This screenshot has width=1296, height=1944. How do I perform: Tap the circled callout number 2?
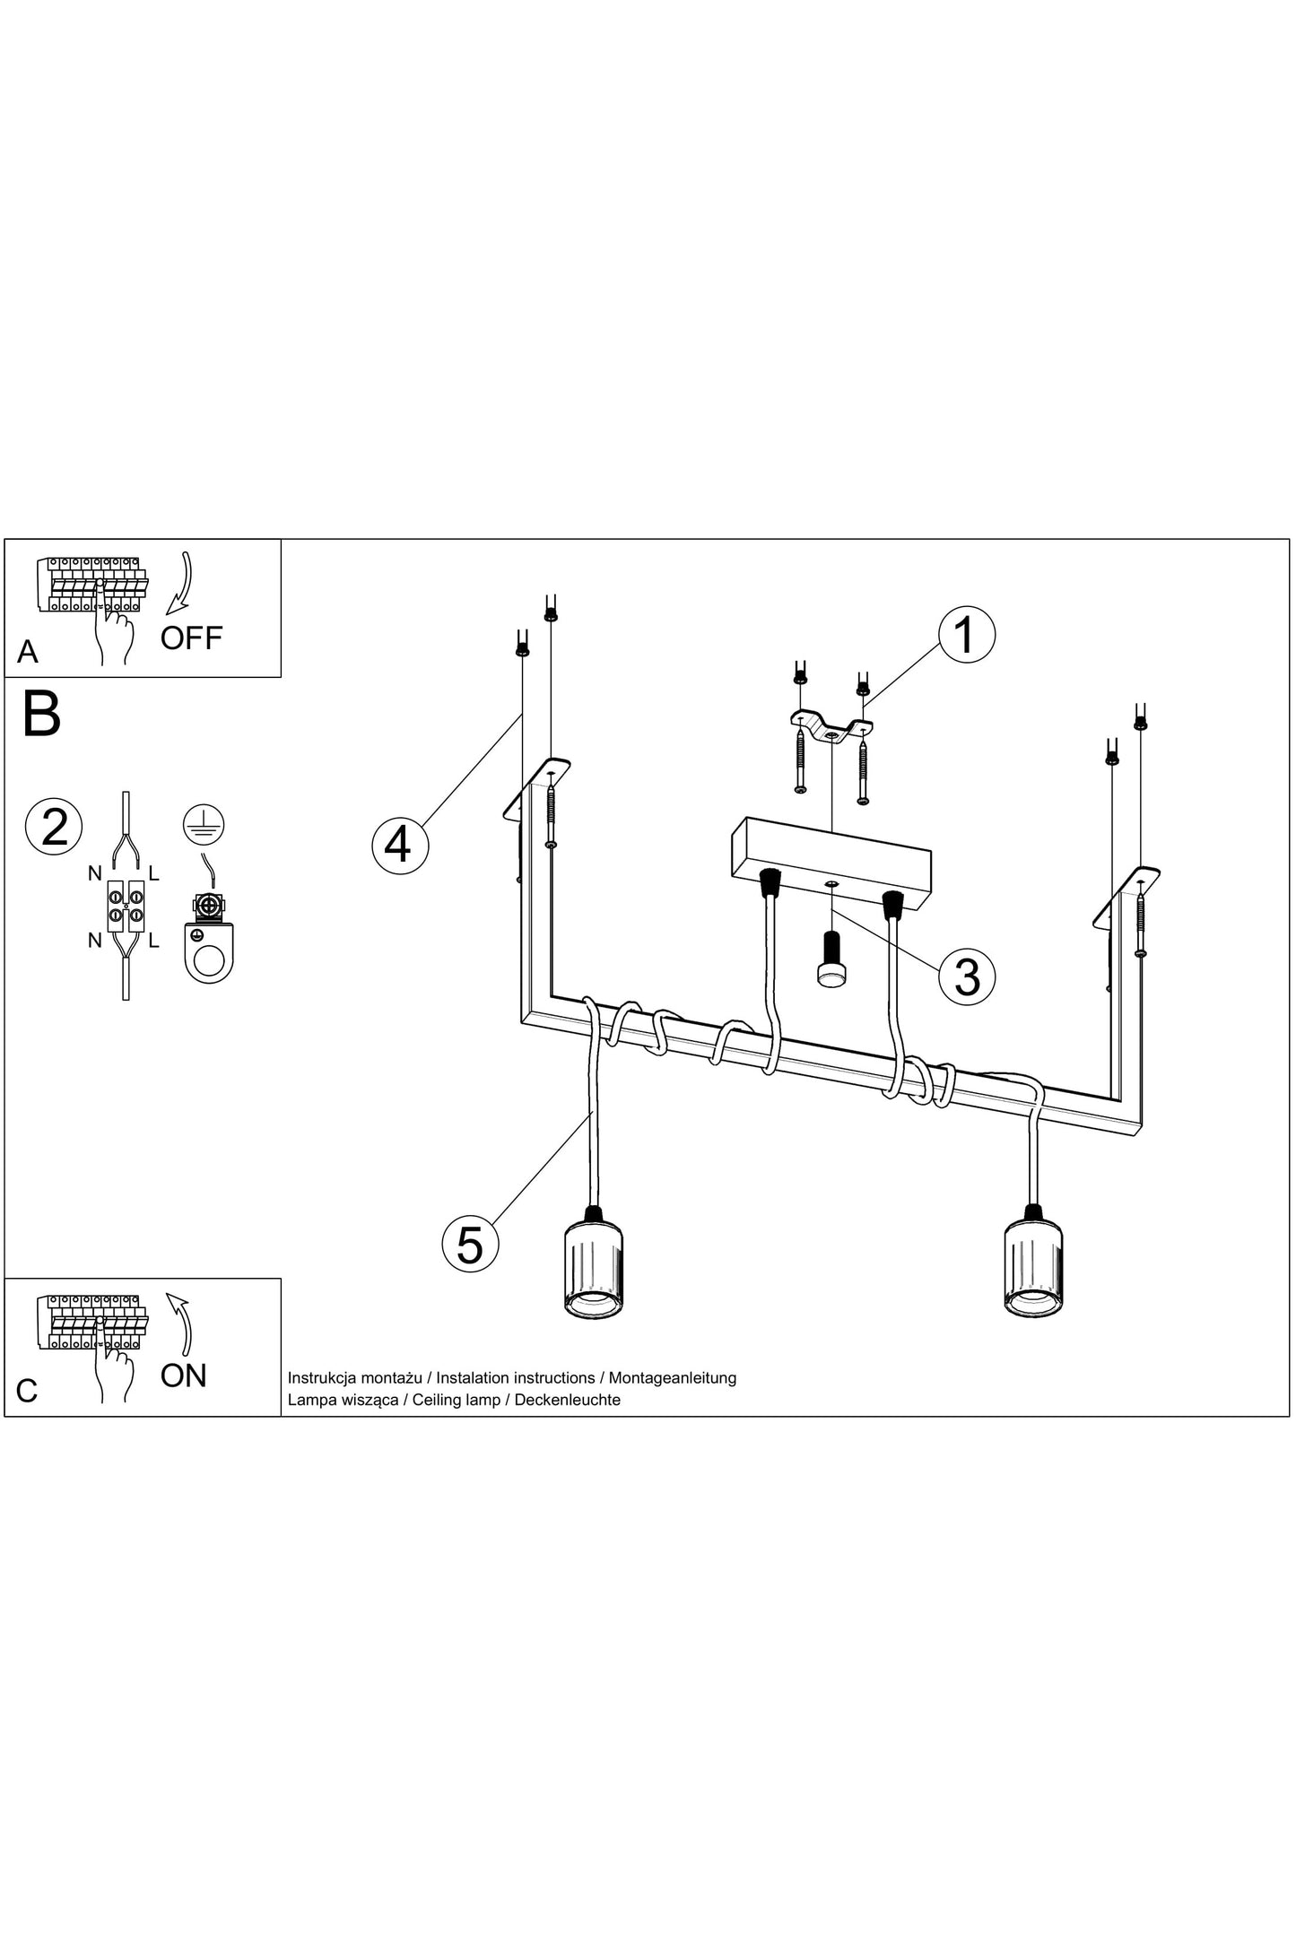click(x=55, y=826)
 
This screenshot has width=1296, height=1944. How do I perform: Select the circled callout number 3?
click(x=966, y=976)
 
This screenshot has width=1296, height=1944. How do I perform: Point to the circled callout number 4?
click(x=400, y=844)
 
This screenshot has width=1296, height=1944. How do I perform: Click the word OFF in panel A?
click(x=191, y=638)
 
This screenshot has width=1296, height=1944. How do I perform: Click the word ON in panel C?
click(x=184, y=1375)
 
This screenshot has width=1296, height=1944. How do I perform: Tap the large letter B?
click(x=41, y=715)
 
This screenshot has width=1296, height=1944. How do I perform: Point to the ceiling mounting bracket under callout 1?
click(x=831, y=728)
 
